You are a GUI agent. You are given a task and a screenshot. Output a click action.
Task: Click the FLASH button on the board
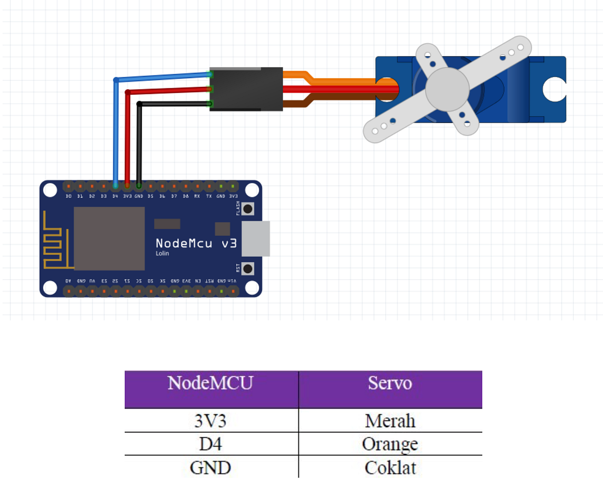[x=247, y=208]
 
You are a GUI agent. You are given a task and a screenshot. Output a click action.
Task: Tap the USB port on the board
[x=256, y=239]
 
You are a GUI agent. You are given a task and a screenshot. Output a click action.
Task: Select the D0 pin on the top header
[x=68, y=186]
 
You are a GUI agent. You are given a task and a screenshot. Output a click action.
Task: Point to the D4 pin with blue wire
[x=116, y=186]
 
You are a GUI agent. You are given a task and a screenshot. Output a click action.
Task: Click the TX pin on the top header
[x=209, y=186]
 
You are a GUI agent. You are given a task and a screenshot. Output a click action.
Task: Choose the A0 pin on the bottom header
[x=68, y=290]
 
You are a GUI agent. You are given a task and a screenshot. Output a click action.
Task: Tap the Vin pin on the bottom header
[x=233, y=290]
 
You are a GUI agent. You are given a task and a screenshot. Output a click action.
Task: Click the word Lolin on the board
[x=162, y=254]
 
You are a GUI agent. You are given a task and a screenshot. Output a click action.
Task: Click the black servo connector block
[x=246, y=89]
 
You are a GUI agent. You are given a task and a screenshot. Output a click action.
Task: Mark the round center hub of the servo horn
[x=447, y=89]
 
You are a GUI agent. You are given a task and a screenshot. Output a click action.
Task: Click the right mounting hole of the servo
[x=554, y=89]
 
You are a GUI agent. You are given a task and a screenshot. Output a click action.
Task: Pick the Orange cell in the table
[x=390, y=444]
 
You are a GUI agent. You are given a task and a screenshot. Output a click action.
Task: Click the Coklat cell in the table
[x=390, y=467]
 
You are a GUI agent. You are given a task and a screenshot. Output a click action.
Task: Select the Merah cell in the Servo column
[x=390, y=420]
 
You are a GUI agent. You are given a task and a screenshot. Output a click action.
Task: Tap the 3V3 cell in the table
[x=211, y=420]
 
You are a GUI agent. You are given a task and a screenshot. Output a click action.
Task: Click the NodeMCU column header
[x=211, y=383]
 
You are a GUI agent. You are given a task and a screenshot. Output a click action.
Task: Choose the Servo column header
[x=390, y=383]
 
